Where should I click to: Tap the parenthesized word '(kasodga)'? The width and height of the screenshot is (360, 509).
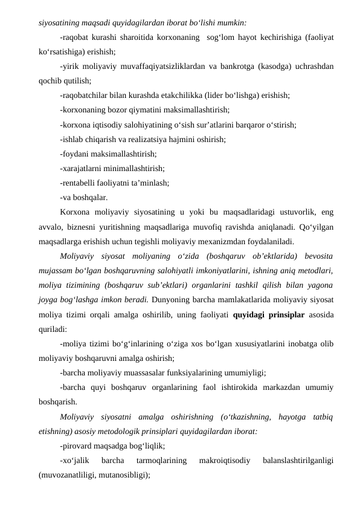[296, 66]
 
